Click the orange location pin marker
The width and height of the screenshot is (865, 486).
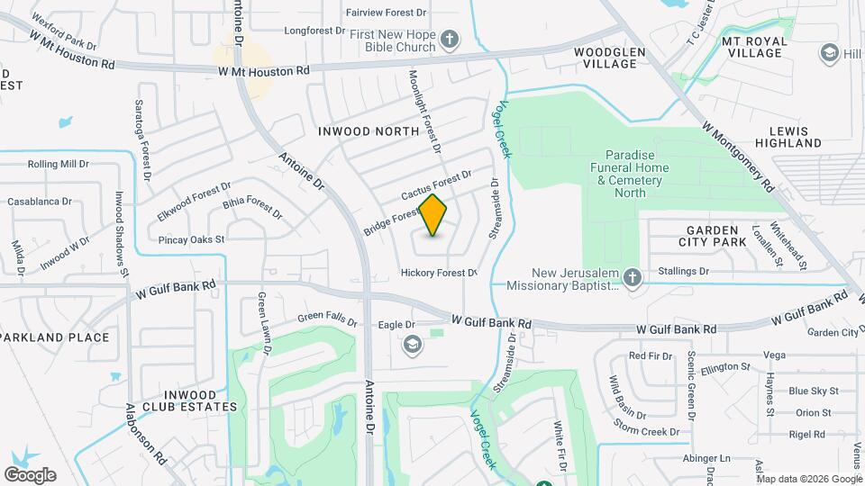433,215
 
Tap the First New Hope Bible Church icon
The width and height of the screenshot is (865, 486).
450,40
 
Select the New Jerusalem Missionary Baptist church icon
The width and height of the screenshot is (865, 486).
633,279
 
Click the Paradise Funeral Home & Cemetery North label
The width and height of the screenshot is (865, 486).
630,168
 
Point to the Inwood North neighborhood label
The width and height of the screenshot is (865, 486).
369,131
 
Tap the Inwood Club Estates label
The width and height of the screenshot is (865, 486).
189,400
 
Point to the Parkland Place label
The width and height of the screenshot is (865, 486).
56,337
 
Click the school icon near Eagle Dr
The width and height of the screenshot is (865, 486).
412,343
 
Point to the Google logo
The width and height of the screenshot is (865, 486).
30,475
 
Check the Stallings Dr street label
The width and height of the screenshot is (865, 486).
684,271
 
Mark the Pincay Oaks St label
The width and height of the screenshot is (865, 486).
191,240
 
